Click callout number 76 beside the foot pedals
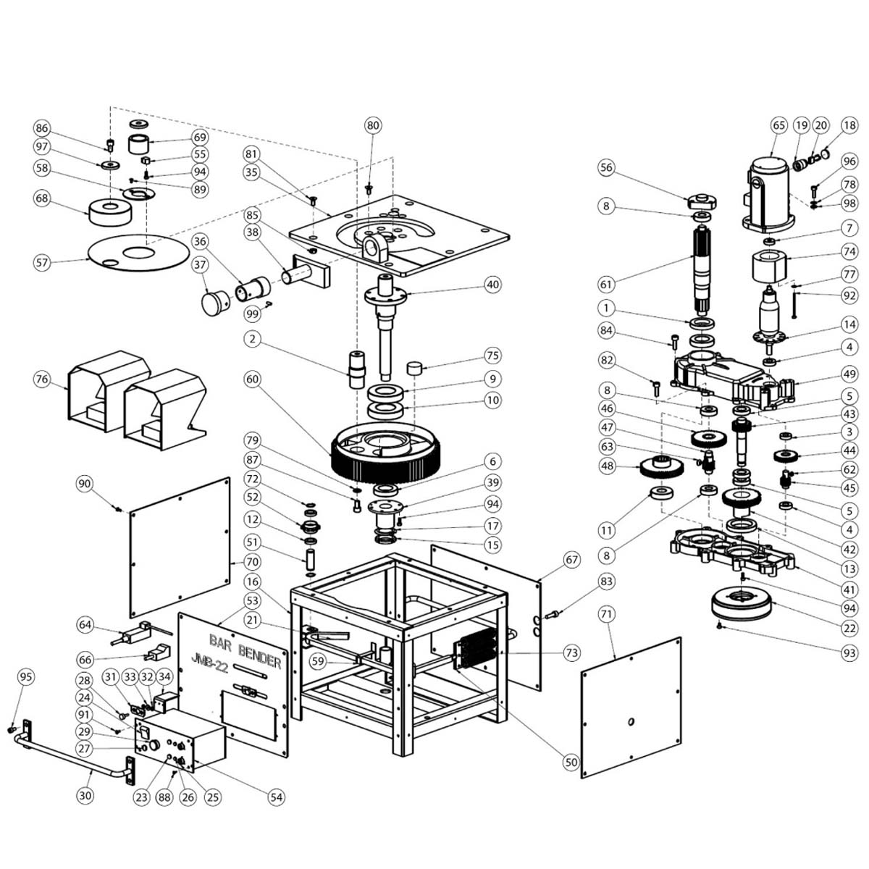43,379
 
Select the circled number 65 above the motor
778,125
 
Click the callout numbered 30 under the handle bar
85,796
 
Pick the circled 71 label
606,615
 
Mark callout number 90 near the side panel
85,484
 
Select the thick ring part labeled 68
109,211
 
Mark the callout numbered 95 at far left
26,677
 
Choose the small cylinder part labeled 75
415,367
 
